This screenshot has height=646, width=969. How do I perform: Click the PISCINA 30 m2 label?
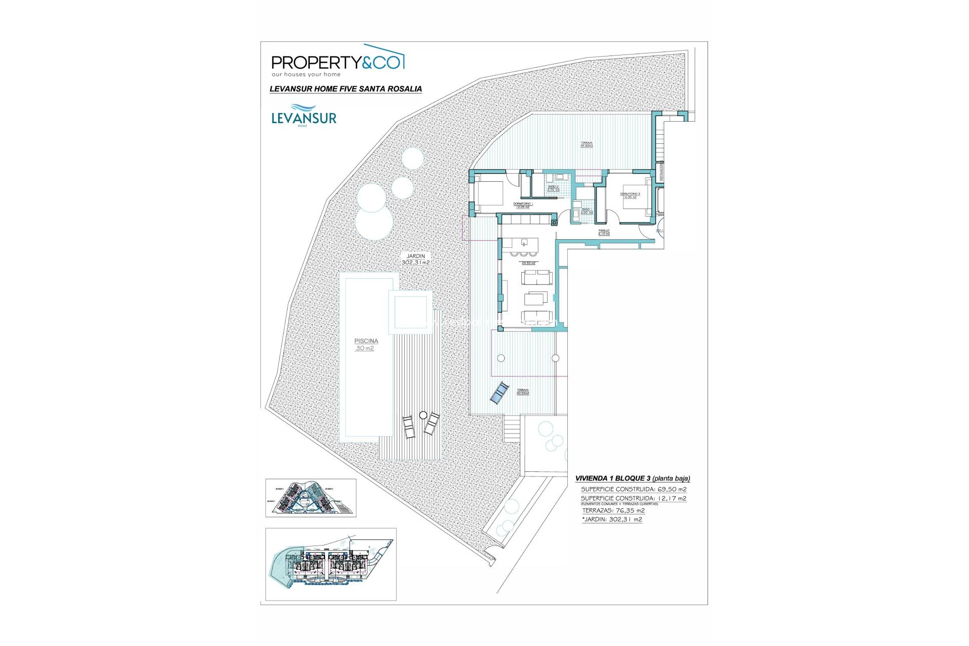(366, 345)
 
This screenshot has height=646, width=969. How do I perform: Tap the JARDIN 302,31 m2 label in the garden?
(415, 259)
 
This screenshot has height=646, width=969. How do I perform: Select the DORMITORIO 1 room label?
(523, 205)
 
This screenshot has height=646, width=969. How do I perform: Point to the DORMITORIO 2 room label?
(630, 195)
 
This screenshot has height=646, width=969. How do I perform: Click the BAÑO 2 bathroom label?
(553, 188)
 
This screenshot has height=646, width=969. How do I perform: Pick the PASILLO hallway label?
(604, 232)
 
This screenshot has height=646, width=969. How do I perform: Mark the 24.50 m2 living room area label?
(528, 263)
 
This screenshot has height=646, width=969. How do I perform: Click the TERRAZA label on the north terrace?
(586, 144)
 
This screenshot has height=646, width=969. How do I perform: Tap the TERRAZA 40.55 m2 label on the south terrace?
(522, 392)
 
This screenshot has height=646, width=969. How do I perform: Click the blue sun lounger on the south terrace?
(499, 393)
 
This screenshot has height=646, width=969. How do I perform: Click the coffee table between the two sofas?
(535, 299)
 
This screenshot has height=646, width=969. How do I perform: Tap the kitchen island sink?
(525, 242)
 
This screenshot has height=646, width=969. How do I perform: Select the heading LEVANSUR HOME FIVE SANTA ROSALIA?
(346, 89)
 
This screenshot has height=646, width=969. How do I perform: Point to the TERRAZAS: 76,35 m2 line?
(613, 510)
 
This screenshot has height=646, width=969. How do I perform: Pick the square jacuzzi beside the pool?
(410, 312)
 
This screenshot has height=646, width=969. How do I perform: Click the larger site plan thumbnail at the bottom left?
(331, 564)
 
